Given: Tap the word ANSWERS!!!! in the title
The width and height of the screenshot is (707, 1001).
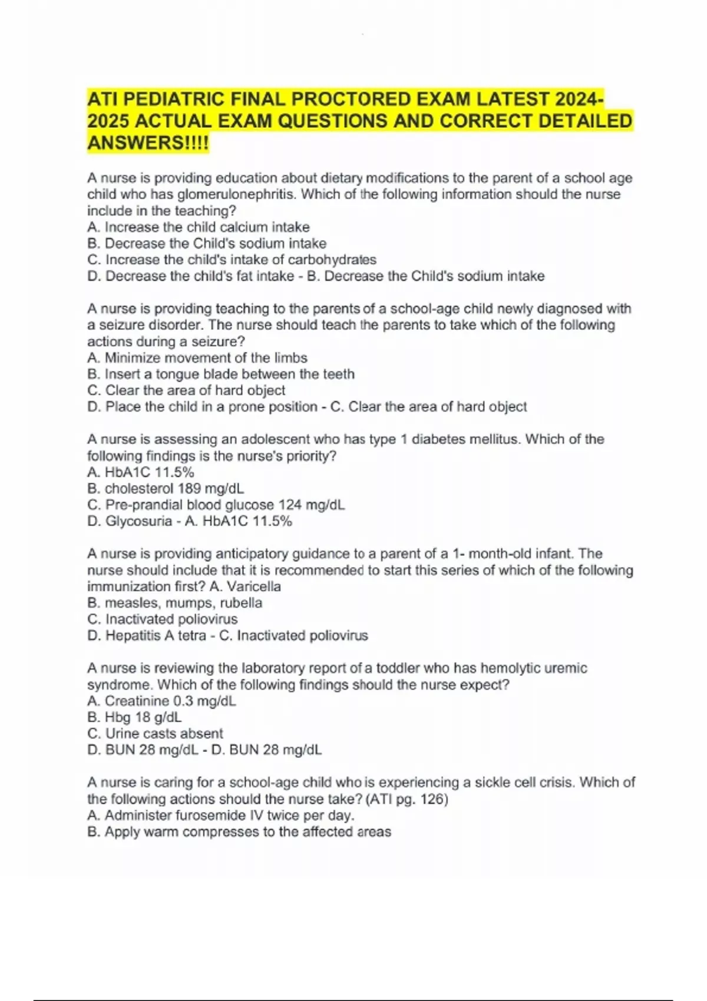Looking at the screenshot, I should coord(148,142).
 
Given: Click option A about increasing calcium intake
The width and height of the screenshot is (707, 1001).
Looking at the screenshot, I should coord(199,227).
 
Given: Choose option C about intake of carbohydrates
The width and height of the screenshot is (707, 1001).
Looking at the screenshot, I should coord(232,260).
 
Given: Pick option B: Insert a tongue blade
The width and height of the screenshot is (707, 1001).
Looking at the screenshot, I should coord(221,374).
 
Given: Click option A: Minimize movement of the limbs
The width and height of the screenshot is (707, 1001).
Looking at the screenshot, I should coord(197,358).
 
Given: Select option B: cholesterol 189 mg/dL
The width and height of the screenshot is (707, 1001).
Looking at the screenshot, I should coord(166,489).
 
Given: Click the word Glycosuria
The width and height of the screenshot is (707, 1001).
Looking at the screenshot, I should coord(138,521).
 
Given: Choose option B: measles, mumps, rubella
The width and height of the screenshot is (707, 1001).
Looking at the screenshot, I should coord(175,603).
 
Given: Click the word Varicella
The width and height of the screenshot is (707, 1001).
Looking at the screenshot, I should coord(254,586).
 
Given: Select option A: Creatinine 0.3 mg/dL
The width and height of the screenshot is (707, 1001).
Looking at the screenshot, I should coord(161,701).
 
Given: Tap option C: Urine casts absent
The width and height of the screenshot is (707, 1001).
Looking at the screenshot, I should coord(156,734).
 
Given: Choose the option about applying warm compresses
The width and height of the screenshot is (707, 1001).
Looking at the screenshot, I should coord(239,832).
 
